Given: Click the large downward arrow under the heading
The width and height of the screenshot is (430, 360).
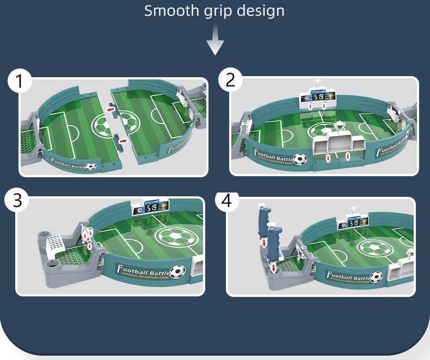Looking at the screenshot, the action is click(x=216, y=42).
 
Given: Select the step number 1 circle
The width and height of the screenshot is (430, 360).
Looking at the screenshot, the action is click(x=20, y=82).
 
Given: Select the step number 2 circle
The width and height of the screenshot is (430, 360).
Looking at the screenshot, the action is click(x=230, y=80).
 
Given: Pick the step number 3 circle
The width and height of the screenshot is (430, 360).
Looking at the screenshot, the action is click(x=17, y=200).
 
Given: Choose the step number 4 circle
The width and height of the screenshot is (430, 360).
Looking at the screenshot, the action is click(x=227, y=200).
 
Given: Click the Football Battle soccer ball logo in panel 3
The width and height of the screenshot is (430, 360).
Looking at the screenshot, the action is click(x=177, y=271).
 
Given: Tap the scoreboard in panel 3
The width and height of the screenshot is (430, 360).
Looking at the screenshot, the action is click(x=149, y=208).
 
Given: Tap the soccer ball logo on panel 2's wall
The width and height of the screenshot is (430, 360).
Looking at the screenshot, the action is click(x=299, y=159).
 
